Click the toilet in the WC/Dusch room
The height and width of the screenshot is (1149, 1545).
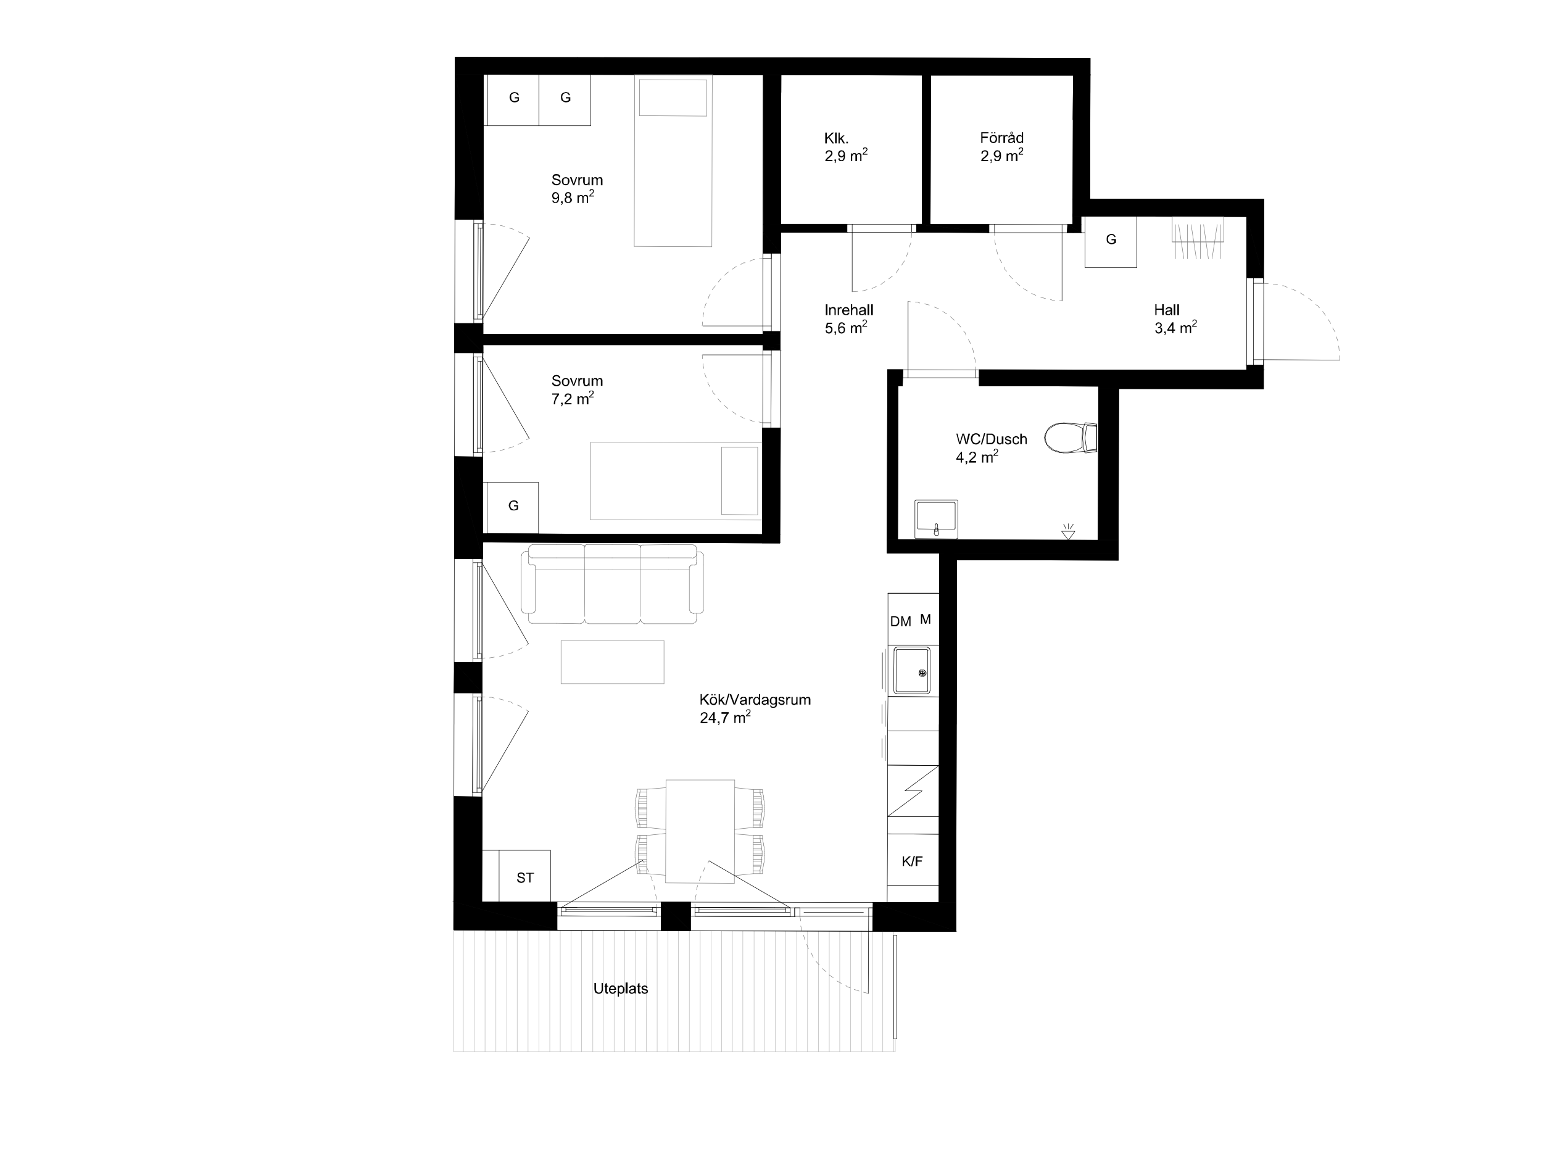[1071, 438]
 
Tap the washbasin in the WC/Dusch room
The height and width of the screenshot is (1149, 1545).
[936, 519]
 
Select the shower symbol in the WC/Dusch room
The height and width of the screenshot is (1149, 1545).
[1068, 532]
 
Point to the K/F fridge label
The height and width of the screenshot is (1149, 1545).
[913, 861]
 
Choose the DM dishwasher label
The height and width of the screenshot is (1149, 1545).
[900, 622]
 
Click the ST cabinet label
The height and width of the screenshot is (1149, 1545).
[525, 877]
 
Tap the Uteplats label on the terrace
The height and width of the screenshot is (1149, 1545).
[620, 989]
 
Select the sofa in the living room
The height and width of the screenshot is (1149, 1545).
[613, 584]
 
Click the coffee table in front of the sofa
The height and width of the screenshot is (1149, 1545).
[613, 662]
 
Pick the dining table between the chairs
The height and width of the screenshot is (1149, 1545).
[700, 831]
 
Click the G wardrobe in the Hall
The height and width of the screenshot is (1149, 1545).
[1111, 241]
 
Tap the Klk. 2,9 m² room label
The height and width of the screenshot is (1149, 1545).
[846, 147]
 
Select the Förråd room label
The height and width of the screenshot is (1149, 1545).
[1002, 138]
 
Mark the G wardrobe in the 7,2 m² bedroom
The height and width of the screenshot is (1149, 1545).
[513, 508]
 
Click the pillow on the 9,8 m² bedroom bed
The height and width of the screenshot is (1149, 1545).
[673, 97]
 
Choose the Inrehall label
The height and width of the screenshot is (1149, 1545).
[849, 310]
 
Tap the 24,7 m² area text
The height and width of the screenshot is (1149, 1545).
[725, 717]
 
